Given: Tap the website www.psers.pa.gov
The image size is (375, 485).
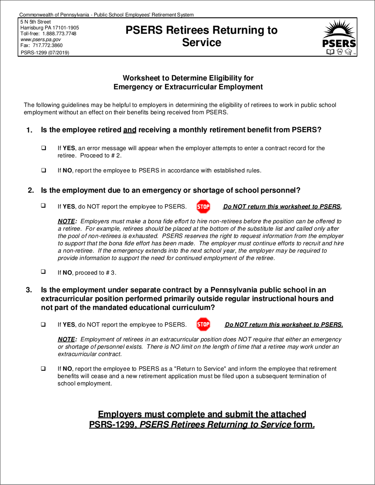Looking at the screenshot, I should point(40,39).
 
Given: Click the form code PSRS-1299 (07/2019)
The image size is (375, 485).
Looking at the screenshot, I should point(45,52).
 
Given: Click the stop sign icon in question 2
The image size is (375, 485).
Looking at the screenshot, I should point(203,206).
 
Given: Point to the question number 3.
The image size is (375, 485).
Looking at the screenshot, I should point(29,290).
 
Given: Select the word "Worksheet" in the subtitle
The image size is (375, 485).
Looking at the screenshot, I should point(142,78).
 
